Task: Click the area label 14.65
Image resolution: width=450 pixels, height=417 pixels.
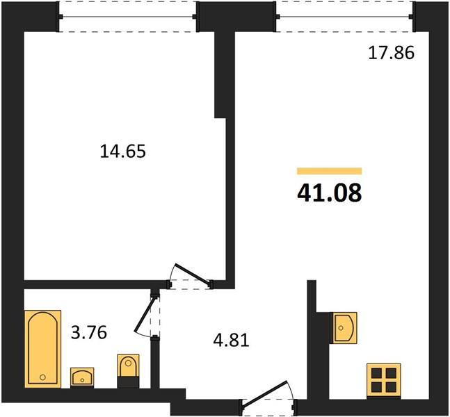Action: click(123, 152)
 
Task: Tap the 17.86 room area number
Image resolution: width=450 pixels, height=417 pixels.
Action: click(391, 53)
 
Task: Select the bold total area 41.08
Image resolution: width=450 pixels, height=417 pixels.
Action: click(330, 193)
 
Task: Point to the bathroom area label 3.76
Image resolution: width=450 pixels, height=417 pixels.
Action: click(89, 333)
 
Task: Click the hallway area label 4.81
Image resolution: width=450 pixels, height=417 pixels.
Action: click(232, 341)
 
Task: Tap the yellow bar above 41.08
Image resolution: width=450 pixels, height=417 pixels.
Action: click(330, 171)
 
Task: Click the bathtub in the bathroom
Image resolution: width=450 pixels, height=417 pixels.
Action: click(43, 349)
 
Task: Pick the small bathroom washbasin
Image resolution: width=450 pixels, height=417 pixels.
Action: click(82, 377)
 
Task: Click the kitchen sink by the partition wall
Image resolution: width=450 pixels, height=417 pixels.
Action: click(345, 328)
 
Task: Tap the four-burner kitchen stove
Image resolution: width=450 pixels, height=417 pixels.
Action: click(384, 381)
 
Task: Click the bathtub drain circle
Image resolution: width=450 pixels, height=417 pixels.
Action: click(42, 377)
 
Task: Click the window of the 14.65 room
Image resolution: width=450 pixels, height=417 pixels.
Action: click(128, 17)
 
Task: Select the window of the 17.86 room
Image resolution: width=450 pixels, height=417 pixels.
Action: click(346, 17)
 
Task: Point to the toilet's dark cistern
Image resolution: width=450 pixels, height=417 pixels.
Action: click(128, 382)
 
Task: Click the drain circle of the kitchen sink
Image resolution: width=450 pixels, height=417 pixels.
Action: click(341, 328)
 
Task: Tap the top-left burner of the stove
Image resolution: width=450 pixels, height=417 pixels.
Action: click(376, 373)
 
